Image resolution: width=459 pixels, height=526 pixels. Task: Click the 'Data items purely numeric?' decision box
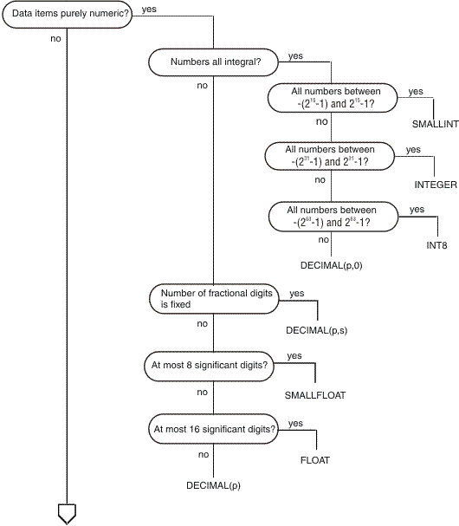coord(67,16)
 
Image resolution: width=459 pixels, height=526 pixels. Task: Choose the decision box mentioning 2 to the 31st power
coord(331,156)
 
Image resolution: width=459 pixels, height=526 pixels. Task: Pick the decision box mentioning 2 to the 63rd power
coord(331,215)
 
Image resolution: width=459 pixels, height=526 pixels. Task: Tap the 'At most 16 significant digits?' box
coord(213,428)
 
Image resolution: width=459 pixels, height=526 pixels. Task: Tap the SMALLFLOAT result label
coord(315,395)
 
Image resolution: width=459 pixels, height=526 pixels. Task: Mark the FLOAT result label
coord(315,459)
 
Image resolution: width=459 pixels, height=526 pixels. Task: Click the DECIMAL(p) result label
coord(213,485)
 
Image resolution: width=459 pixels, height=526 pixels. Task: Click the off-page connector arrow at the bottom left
coord(67,513)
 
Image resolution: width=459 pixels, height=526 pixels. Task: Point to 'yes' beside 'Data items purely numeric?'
coord(148,10)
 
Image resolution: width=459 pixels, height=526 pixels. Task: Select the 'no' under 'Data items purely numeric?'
coord(55,39)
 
